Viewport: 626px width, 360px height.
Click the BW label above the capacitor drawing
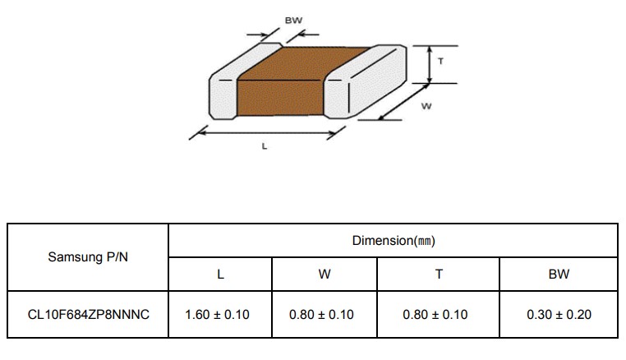coord(293,21)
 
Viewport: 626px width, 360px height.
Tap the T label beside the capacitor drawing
coord(441,61)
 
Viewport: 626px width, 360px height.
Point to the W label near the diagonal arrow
coord(426,106)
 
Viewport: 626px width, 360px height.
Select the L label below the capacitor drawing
coord(265,146)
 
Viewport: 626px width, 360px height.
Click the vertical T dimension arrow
coord(430,65)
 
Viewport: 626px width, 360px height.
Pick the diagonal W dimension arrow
coord(404,102)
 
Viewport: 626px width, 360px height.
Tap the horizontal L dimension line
coord(268,132)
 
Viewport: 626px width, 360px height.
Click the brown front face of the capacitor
coord(279,98)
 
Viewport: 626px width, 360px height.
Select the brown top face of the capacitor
coord(303,63)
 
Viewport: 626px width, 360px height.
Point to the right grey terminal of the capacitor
coord(363,82)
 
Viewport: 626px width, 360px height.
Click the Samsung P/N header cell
coord(88,257)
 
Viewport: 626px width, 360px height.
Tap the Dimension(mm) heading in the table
coord(394,241)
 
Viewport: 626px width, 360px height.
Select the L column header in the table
coord(220,274)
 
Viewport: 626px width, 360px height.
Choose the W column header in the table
coord(325,274)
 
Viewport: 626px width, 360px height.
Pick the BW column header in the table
coord(559,274)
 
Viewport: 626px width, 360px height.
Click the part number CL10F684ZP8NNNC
coord(88,315)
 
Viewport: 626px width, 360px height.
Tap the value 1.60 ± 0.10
coord(217,315)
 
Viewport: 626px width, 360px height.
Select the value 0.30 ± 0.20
coord(559,315)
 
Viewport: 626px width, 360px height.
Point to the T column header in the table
coord(439,274)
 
